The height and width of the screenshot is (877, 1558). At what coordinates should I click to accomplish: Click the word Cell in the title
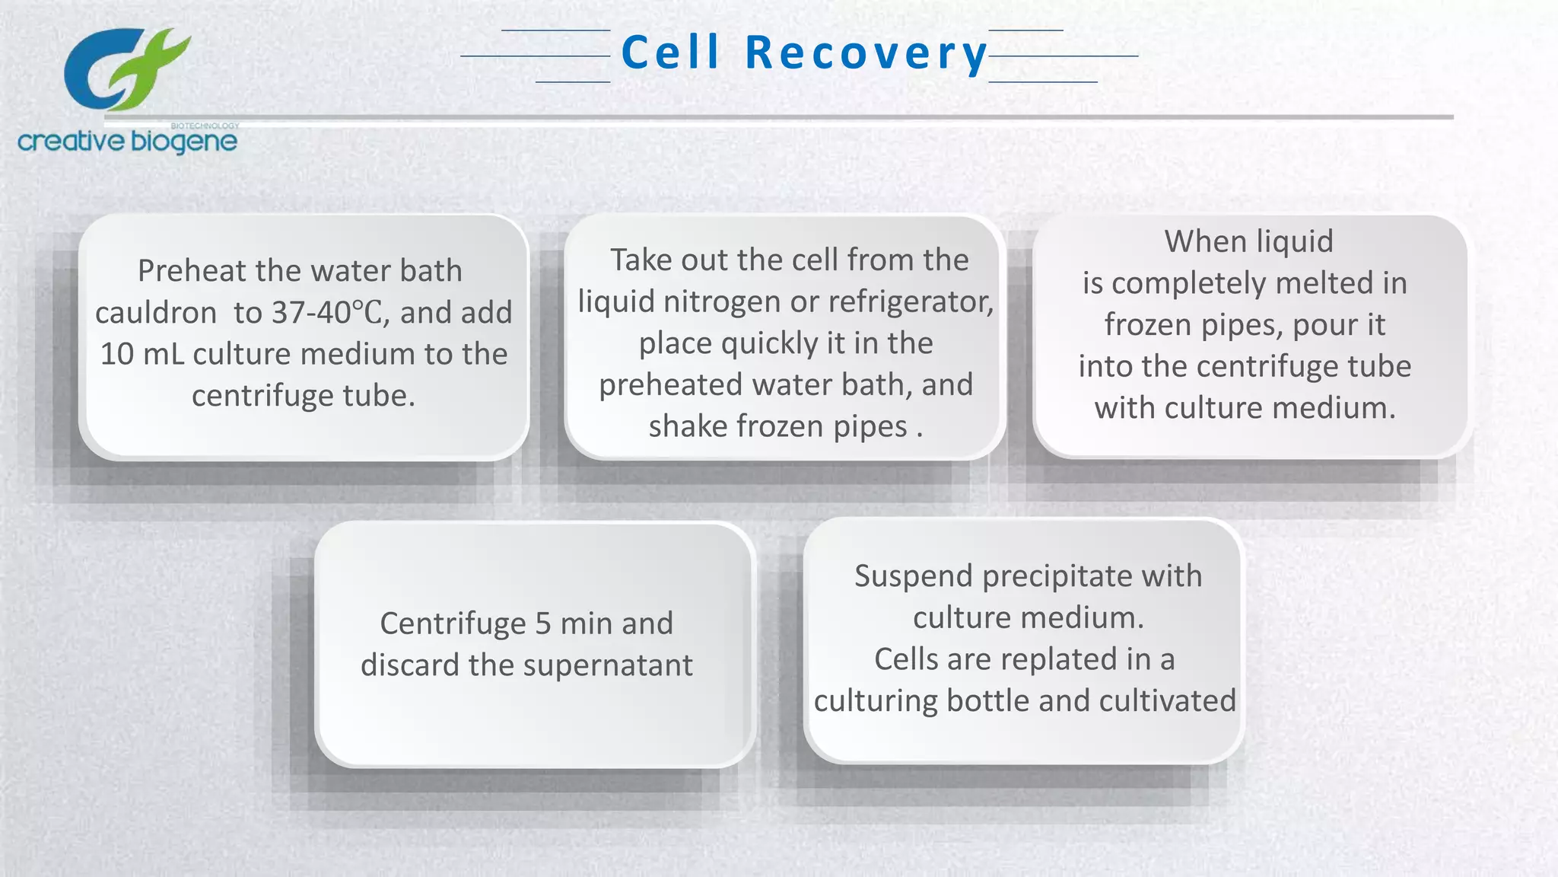(670, 53)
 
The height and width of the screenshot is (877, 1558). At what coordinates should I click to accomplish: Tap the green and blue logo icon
(126, 70)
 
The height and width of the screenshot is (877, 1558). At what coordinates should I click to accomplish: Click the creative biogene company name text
(127, 142)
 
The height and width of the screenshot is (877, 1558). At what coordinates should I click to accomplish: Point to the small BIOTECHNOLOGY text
(205, 126)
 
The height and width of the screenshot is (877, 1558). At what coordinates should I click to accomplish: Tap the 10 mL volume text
(142, 354)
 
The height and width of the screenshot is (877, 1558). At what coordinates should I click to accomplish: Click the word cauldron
(156, 313)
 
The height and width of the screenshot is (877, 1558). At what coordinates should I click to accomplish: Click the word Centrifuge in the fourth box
(453, 623)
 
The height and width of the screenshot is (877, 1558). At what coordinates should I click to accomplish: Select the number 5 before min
(542, 623)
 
